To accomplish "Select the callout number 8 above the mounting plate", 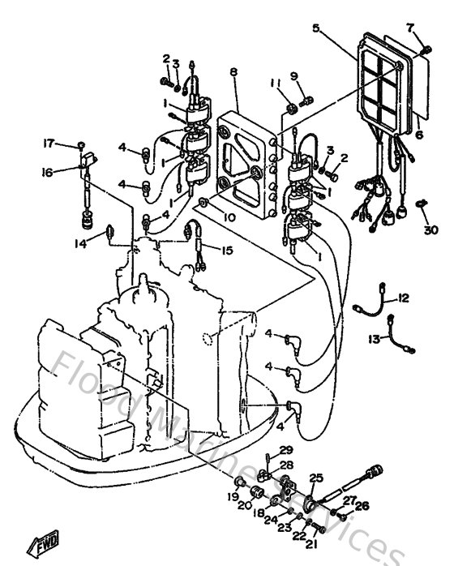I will click(x=233, y=73).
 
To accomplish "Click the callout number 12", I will click(x=404, y=298).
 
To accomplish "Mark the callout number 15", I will click(x=227, y=251).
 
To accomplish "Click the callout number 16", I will click(x=48, y=172).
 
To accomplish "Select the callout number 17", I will click(x=48, y=144).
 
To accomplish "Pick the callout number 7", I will click(x=411, y=28).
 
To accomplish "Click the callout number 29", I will click(x=285, y=450).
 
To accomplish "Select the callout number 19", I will click(x=233, y=496).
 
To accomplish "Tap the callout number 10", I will click(x=230, y=217).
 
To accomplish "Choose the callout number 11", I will click(x=276, y=84).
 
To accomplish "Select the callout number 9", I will click(x=294, y=77).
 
